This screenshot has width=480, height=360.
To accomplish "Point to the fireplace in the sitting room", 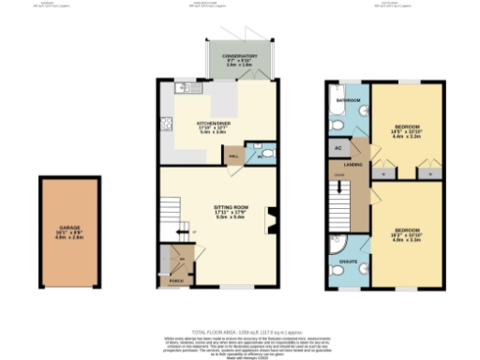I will click(271, 220).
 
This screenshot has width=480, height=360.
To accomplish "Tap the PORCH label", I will click(176, 278).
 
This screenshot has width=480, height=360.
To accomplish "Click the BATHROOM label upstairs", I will click(350, 99).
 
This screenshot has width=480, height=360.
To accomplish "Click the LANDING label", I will click(353, 165).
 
